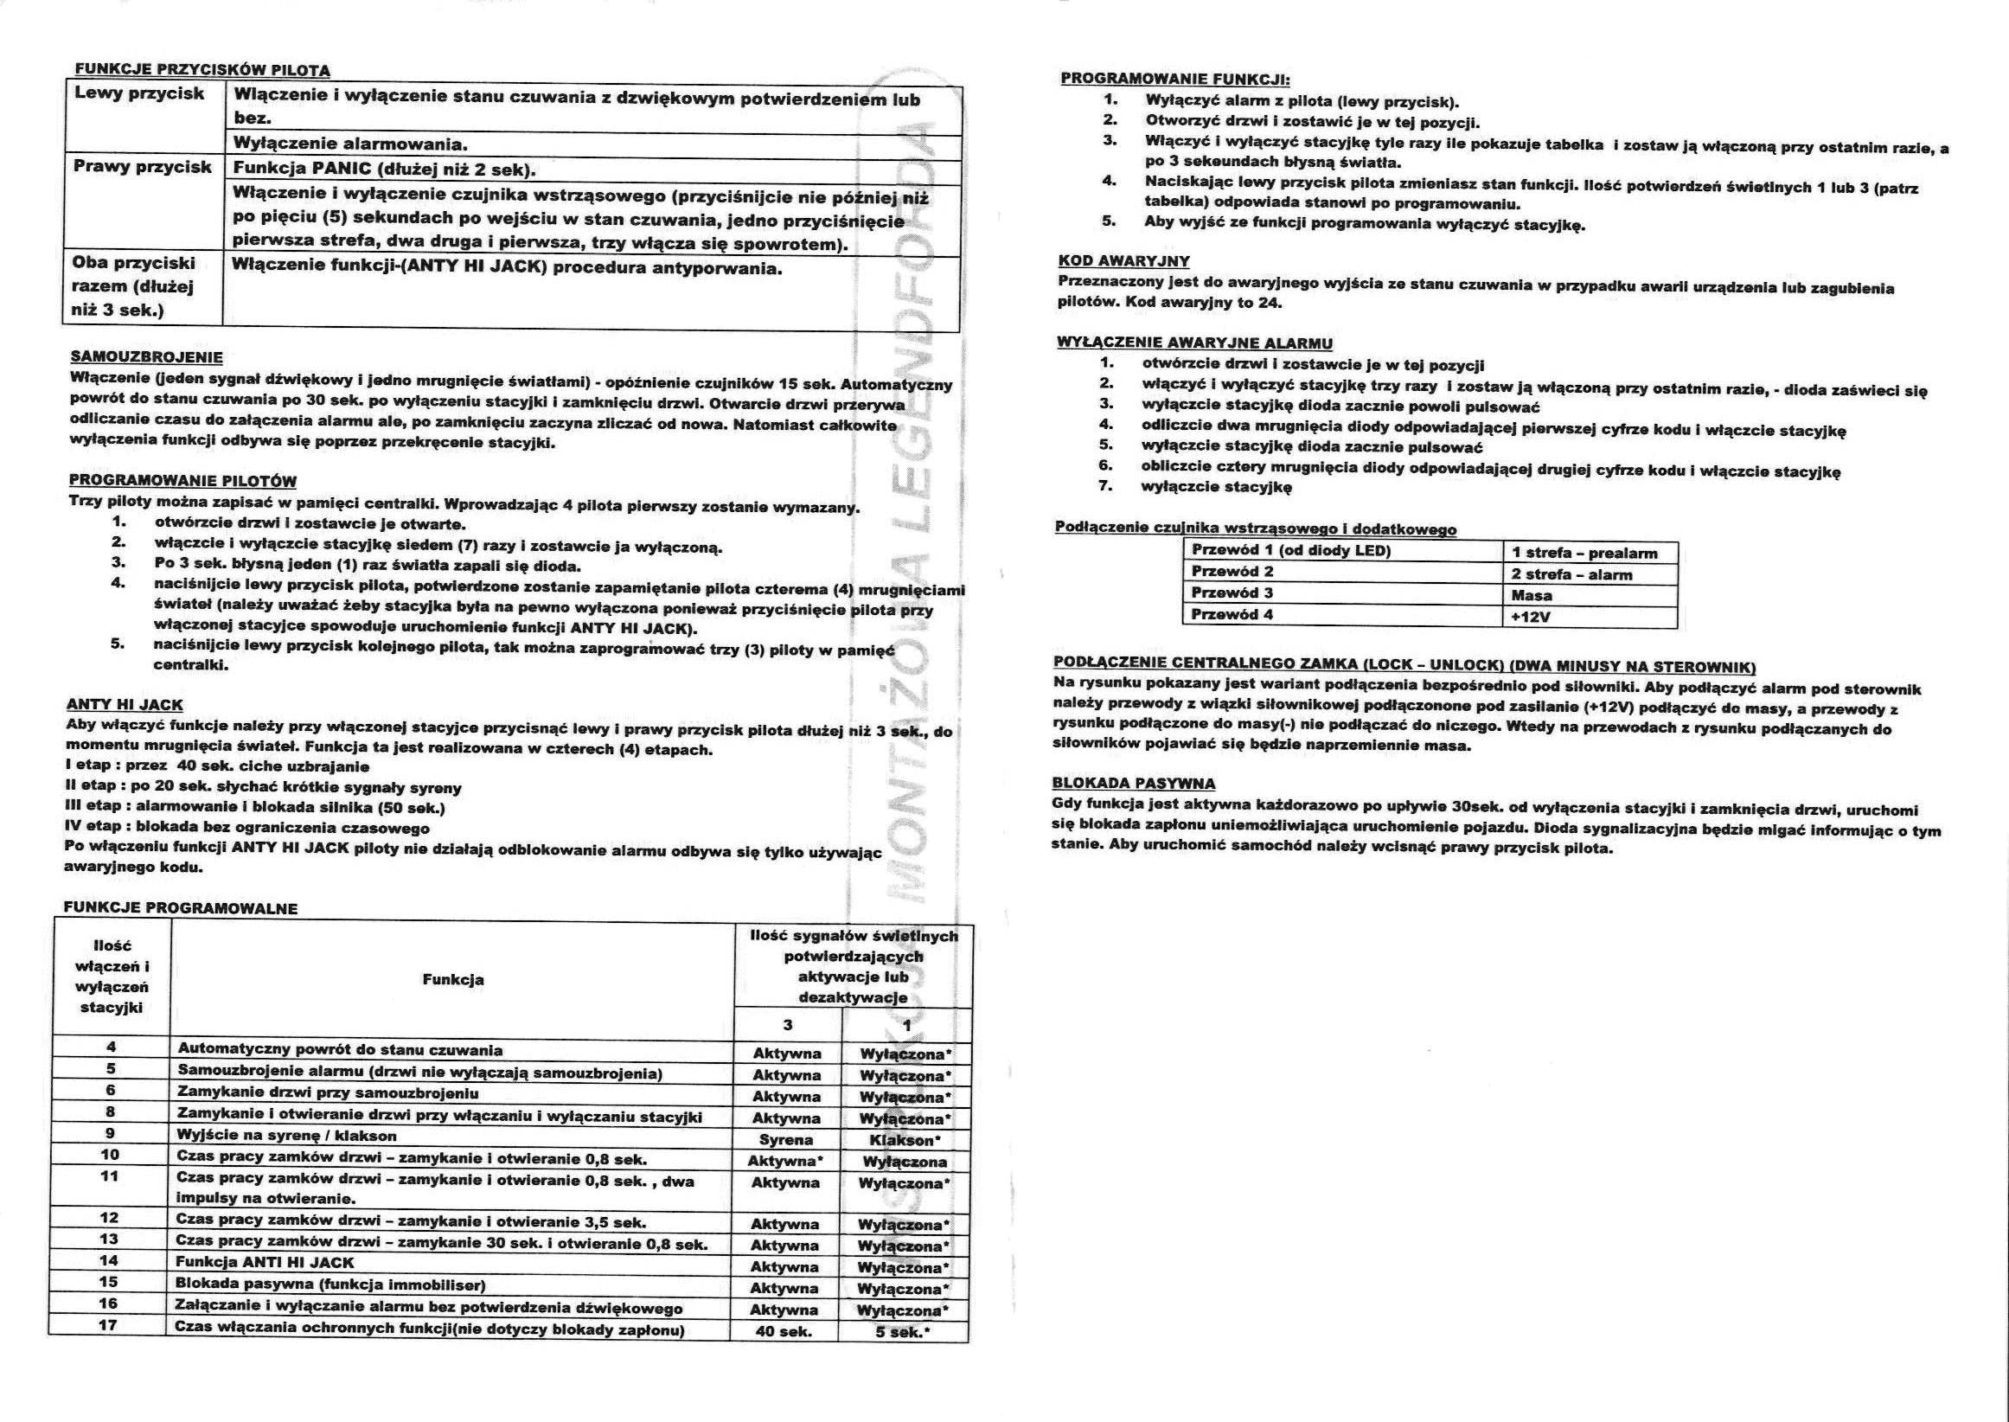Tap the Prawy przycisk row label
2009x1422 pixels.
point(142,166)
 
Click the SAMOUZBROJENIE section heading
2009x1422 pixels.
point(145,358)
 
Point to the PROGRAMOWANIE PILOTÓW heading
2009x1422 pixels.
point(182,482)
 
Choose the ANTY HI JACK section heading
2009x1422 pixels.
point(125,705)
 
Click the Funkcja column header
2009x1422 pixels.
point(452,980)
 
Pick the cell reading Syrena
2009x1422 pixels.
point(785,1140)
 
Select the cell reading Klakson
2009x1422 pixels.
point(905,1140)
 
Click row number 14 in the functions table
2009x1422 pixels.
point(110,1261)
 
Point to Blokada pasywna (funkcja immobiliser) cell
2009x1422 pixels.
point(331,1285)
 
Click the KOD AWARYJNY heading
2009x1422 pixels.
point(1123,261)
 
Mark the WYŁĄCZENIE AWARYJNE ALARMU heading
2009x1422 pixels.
point(1194,343)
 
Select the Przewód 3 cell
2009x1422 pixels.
point(1232,592)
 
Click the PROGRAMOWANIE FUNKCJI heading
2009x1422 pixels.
point(1170,78)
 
